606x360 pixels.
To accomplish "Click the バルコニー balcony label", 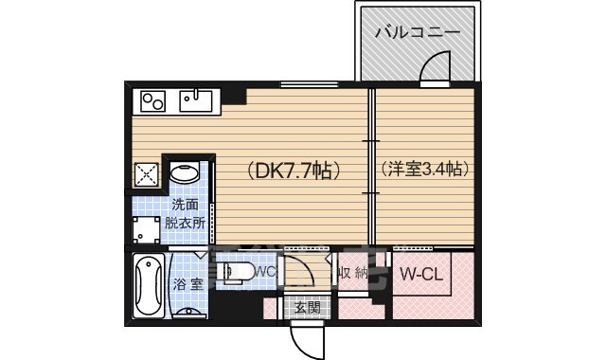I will click(x=417, y=31).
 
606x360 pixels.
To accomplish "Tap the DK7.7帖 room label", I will click(x=294, y=171).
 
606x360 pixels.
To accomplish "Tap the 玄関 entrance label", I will click(x=307, y=307).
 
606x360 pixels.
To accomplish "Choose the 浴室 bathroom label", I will click(x=187, y=283).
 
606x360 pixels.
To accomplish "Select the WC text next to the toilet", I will click(x=265, y=272).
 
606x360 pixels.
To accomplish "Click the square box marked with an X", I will click(x=147, y=174).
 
